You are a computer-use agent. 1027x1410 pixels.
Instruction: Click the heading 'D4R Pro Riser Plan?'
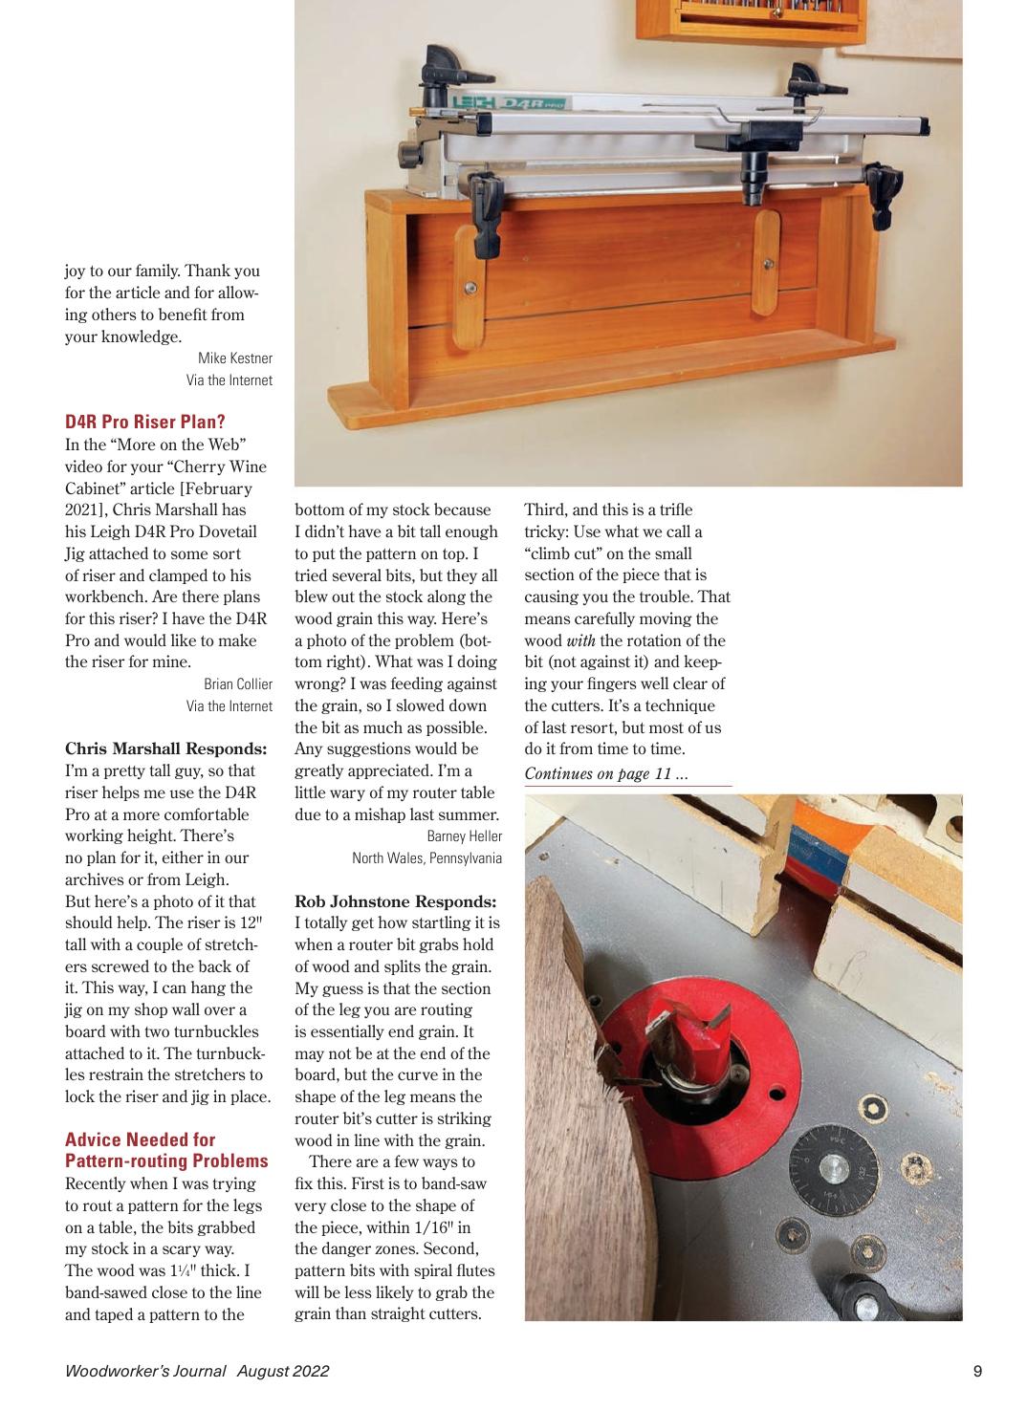[x=145, y=422]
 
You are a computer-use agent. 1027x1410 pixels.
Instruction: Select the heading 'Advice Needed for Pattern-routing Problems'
[x=166, y=1150]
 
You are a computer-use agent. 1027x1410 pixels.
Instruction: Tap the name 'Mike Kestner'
[x=235, y=358]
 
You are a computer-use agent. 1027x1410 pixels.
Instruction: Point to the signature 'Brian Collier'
[x=238, y=684]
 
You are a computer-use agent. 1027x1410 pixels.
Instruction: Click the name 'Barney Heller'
[x=464, y=836]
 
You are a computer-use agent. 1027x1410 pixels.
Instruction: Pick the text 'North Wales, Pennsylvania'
[x=426, y=858]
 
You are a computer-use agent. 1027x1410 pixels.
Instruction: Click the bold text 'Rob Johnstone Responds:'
[x=396, y=901]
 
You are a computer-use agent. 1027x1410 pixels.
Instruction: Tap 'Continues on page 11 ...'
[x=606, y=773]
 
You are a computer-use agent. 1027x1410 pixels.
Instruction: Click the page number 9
[x=977, y=1371]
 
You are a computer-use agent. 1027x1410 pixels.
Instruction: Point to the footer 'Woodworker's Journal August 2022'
[x=197, y=1371]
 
